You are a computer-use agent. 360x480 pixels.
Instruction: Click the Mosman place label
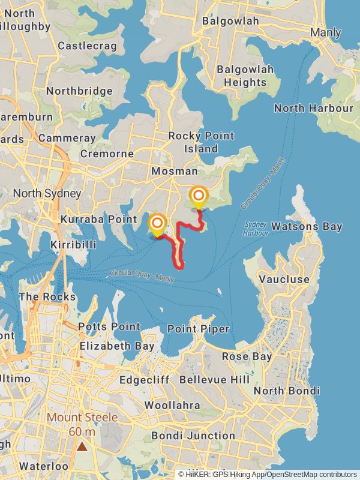174,171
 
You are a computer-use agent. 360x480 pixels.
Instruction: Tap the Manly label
326,33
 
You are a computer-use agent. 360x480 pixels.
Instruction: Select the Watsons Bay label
307,226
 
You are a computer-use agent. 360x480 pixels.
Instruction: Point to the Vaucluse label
284,279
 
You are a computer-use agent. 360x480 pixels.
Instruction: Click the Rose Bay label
247,356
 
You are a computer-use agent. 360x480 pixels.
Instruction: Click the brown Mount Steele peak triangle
82,446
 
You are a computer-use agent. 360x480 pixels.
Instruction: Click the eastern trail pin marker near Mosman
199,196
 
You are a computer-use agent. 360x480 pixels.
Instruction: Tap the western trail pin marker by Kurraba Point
157,224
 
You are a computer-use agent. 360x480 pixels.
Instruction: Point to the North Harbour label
314,109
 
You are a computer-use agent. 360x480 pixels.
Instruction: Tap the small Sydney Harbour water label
255,229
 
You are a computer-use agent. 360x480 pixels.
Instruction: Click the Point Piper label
198,329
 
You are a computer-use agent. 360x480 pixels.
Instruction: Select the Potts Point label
110,327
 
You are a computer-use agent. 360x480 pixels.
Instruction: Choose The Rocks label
47,297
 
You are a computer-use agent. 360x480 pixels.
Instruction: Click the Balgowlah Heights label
245,76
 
